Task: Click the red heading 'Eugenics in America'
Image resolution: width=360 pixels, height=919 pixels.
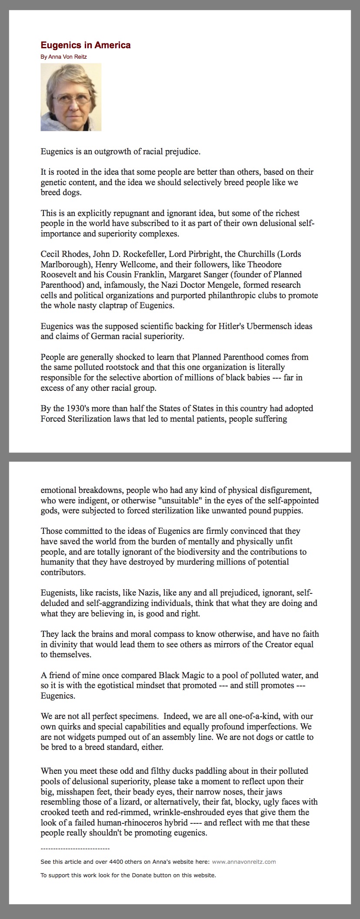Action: point(85,45)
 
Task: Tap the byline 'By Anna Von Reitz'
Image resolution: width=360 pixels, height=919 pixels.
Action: point(63,57)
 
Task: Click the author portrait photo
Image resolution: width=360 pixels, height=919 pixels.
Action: point(71,97)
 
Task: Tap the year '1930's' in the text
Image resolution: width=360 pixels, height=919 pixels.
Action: point(83,409)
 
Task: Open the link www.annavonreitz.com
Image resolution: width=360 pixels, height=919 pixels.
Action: point(243,862)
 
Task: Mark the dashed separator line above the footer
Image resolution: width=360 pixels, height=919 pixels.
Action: point(75,849)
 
